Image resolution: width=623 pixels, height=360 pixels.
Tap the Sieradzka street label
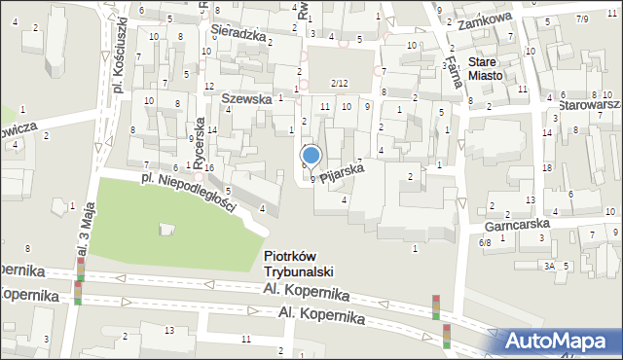238,34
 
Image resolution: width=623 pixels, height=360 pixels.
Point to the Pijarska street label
342,170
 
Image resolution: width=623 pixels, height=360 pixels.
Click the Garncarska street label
516,224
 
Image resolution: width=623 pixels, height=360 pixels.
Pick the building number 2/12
339,84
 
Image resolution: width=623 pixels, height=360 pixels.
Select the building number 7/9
582,19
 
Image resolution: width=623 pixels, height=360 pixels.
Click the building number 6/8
485,243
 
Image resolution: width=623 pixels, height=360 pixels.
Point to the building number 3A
549,266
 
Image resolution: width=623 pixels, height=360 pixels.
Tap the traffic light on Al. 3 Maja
78,293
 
